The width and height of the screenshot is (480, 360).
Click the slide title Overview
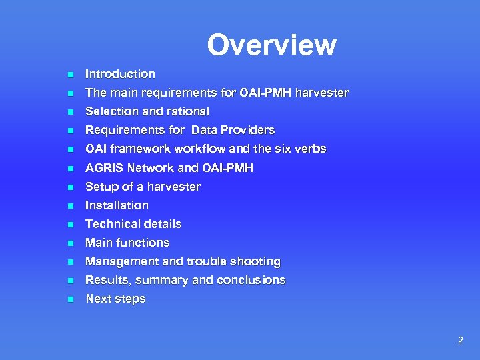coord(271,45)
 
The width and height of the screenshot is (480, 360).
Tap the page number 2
coord(459,340)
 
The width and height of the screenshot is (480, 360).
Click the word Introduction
coord(120,74)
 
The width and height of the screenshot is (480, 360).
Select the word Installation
coord(117,205)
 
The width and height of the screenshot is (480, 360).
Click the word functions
coord(145,243)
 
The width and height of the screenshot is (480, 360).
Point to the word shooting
coord(255,261)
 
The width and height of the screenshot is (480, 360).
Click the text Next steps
coord(115,299)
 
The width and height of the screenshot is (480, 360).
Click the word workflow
coord(201,149)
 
